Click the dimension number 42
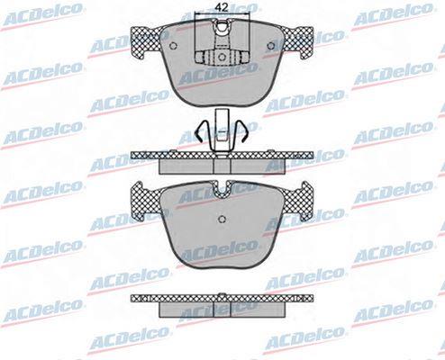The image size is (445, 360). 222,7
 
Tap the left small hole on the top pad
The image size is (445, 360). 173,46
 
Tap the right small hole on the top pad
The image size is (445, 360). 271,46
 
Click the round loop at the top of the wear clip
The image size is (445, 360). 222,27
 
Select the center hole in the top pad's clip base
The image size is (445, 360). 222,57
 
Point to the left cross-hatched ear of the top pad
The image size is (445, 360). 147,42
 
